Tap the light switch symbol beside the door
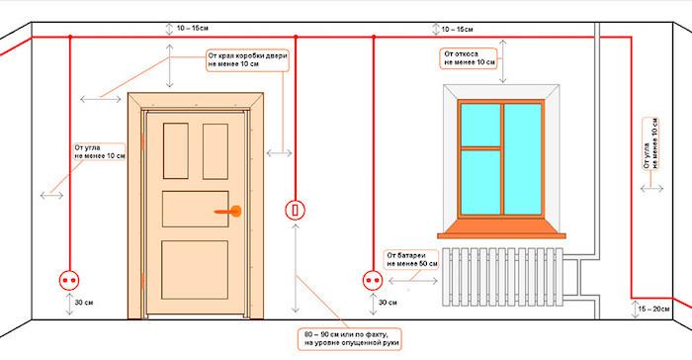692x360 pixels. click(x=296, y=210)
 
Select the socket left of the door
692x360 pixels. click(x=69, y=281)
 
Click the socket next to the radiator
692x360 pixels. click(x=373, y=281)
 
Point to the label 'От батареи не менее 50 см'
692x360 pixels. click(x=412, y=260)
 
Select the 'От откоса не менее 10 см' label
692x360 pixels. click(x=470, y=58)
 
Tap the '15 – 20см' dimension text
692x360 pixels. click(x=654, y=309)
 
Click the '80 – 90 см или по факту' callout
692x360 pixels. click(x=350, y=339)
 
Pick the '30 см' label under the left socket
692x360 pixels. click(x=84, y=303)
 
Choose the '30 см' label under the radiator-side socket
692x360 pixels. click(x=388, y=303)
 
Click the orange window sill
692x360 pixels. click(x=501, y=229)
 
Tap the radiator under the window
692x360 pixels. click(x=502, y=277)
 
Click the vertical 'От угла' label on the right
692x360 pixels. click(x=650, y=143)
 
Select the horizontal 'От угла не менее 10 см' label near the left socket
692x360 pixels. click(x=100, y=152)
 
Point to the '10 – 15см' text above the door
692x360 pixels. click(x=193, y=29)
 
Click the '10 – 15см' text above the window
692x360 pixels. click(x=457, y=30)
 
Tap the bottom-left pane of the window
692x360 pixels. click(x=480, y=182)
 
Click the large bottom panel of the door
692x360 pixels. click(x=195, y=270)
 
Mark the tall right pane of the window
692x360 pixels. click(x=523, y=159)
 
